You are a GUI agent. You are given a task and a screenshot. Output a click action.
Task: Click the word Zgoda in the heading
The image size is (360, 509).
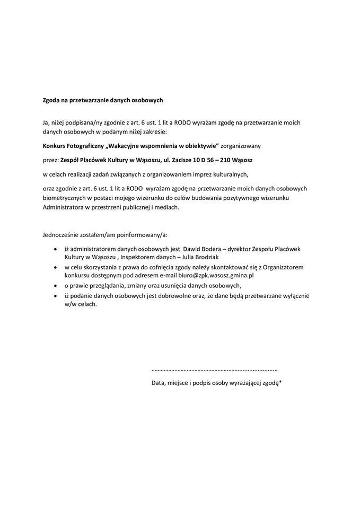point(51,100)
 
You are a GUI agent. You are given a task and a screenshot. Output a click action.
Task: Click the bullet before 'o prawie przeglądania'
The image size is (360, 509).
point(56,286)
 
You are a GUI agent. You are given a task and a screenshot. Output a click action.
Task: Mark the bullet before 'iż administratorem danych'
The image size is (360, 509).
point(56,249)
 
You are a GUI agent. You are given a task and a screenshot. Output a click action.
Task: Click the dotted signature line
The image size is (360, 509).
point(214,368)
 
